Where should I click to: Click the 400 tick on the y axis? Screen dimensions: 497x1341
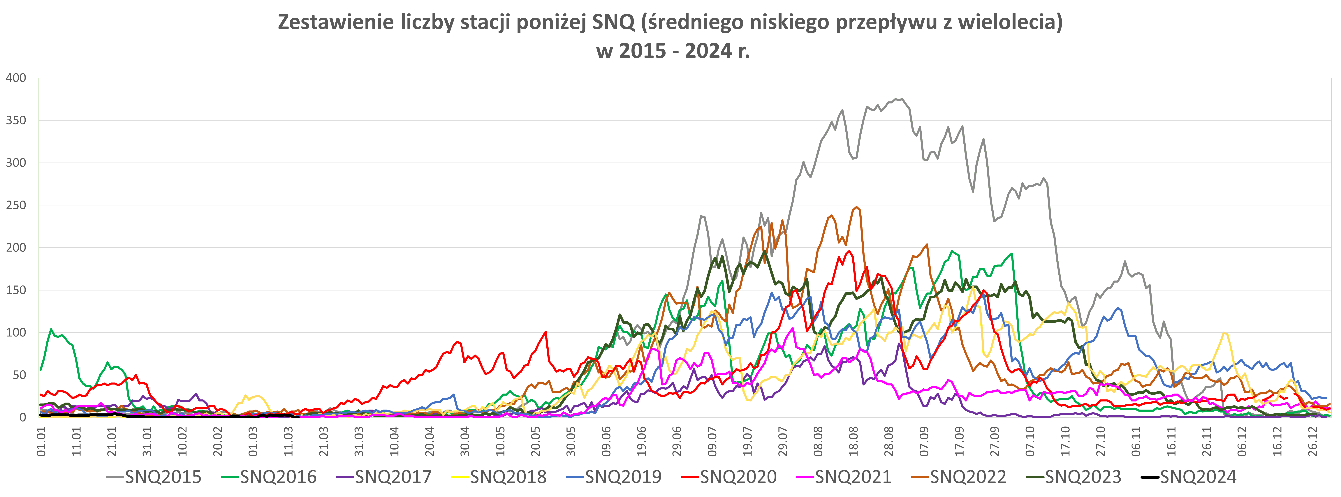coord(16,78)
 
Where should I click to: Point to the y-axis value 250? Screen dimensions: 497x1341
coord(16,205)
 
